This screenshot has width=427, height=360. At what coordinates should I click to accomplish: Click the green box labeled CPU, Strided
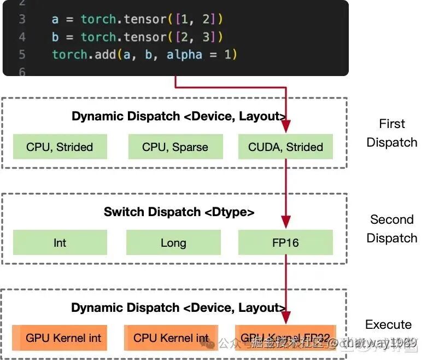60,147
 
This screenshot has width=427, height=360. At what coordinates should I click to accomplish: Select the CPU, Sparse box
175,147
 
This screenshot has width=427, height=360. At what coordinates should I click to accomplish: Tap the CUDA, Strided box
285,147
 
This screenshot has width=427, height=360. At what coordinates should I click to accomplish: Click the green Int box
60,242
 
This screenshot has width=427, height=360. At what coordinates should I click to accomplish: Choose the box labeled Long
173,242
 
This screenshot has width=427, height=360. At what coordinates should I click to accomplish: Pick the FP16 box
285,242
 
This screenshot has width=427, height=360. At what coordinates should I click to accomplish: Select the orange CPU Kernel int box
171,338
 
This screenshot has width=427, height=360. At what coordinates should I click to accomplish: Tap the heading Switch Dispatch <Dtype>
179,212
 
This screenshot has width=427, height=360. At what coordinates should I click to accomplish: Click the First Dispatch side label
391,133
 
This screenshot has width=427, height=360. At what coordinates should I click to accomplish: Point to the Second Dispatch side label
391,229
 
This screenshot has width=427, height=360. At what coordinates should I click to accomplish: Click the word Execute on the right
388,324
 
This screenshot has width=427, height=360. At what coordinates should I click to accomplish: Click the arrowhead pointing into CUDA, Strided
285,127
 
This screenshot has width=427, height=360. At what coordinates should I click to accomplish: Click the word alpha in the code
184,55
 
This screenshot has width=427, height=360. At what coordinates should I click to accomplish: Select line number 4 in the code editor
22,37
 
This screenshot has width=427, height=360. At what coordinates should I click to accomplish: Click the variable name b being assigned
55,37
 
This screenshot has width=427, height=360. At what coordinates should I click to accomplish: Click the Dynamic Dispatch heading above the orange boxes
178,307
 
